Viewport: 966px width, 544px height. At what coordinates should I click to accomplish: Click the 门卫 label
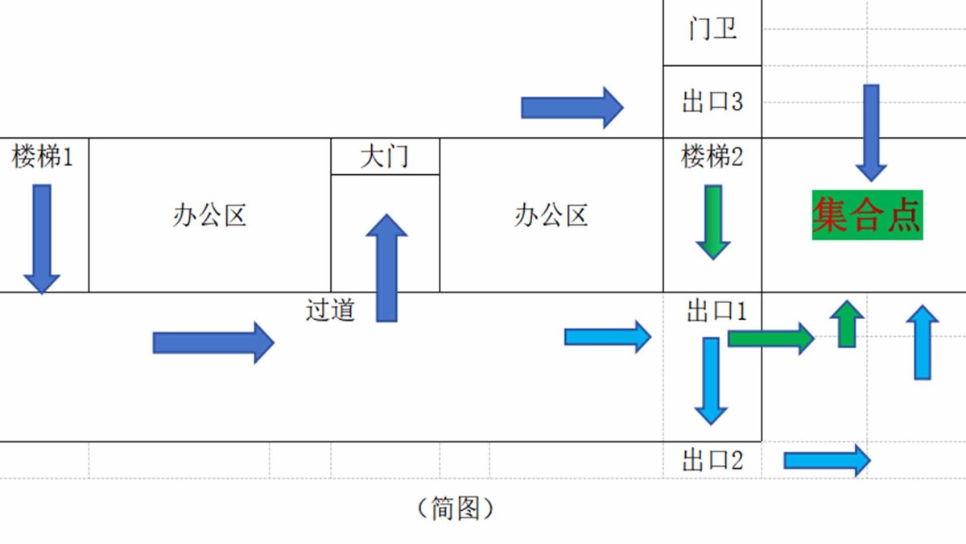pos(712,31)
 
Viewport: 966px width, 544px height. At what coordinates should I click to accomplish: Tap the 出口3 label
pos(712,102)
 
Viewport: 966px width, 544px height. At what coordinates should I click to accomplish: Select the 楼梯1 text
pos(43,156)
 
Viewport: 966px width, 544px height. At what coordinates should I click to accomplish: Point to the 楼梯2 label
pos(712,156)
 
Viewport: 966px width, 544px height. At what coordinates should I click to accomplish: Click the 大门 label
pos(385,156)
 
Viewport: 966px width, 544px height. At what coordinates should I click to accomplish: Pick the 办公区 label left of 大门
pos(209,215)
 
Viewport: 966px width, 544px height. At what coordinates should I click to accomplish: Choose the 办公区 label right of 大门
pos(551,215)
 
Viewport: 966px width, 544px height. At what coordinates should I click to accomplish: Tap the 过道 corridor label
pos(330,309)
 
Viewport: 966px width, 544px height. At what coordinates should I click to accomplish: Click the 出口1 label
pos(716,311)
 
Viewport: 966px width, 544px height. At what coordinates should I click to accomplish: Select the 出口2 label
pos(712,461)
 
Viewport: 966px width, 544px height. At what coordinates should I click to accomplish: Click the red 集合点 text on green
pos(867,215)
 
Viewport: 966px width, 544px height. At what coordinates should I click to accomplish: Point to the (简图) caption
pos(456,508)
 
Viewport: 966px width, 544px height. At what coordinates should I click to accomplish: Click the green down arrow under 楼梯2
pos(713,222)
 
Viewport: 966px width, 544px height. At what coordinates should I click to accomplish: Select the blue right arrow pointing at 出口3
pos(572,107)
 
